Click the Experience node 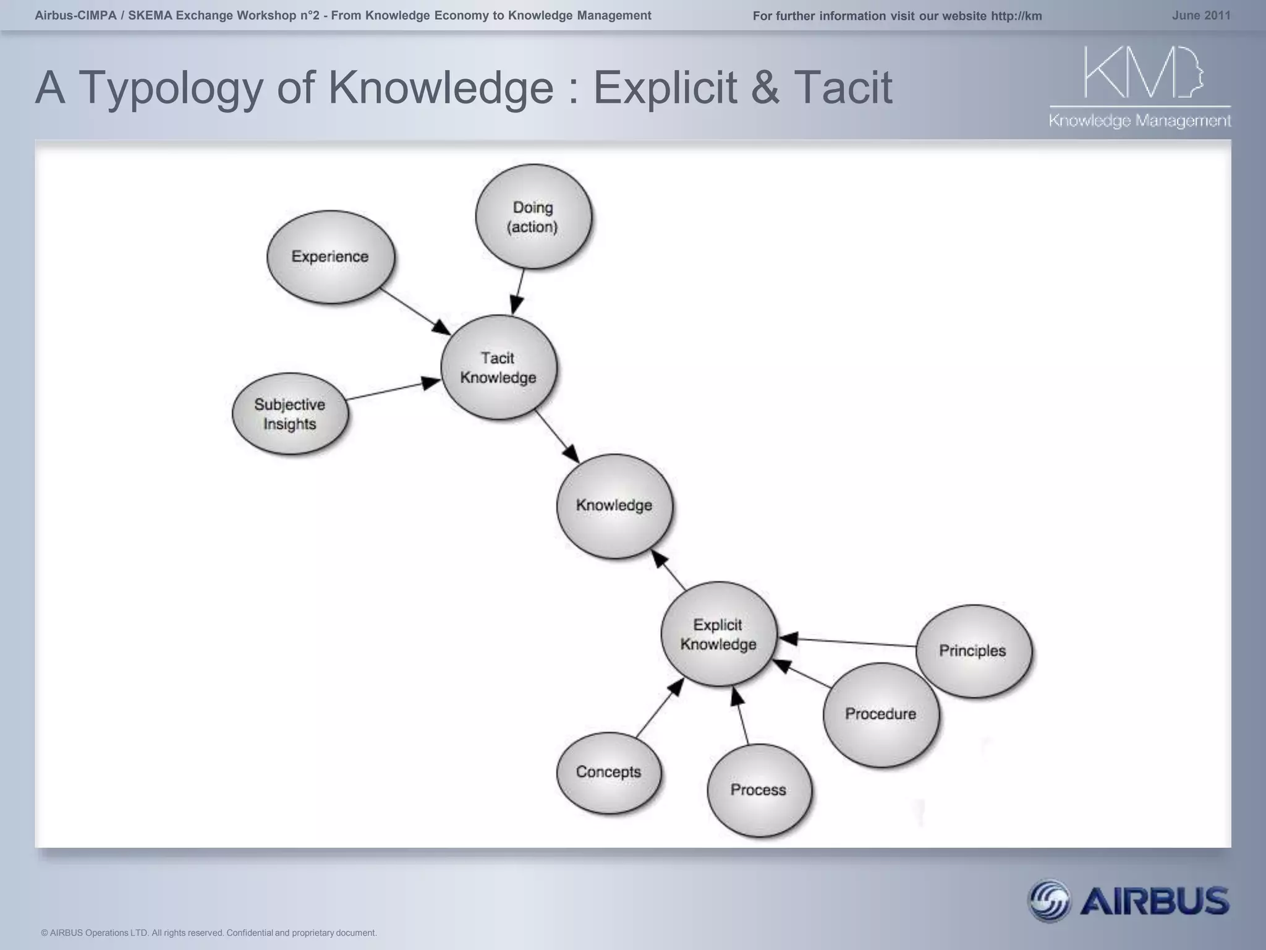(331, 257)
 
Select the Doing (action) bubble (533, 216)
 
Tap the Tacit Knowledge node (498, 367)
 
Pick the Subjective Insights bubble (290, 414)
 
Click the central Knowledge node (614, 506)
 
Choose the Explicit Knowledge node (718, 634)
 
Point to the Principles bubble (973, 651)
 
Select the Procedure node (881, 714)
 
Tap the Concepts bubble (609, 772)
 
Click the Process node (758, 790)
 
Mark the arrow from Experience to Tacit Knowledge (415, 311)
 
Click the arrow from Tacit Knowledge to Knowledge (557, 436)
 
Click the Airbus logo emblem (1048, 901)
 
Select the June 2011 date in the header (1201, 15)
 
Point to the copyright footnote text (208, 933)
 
